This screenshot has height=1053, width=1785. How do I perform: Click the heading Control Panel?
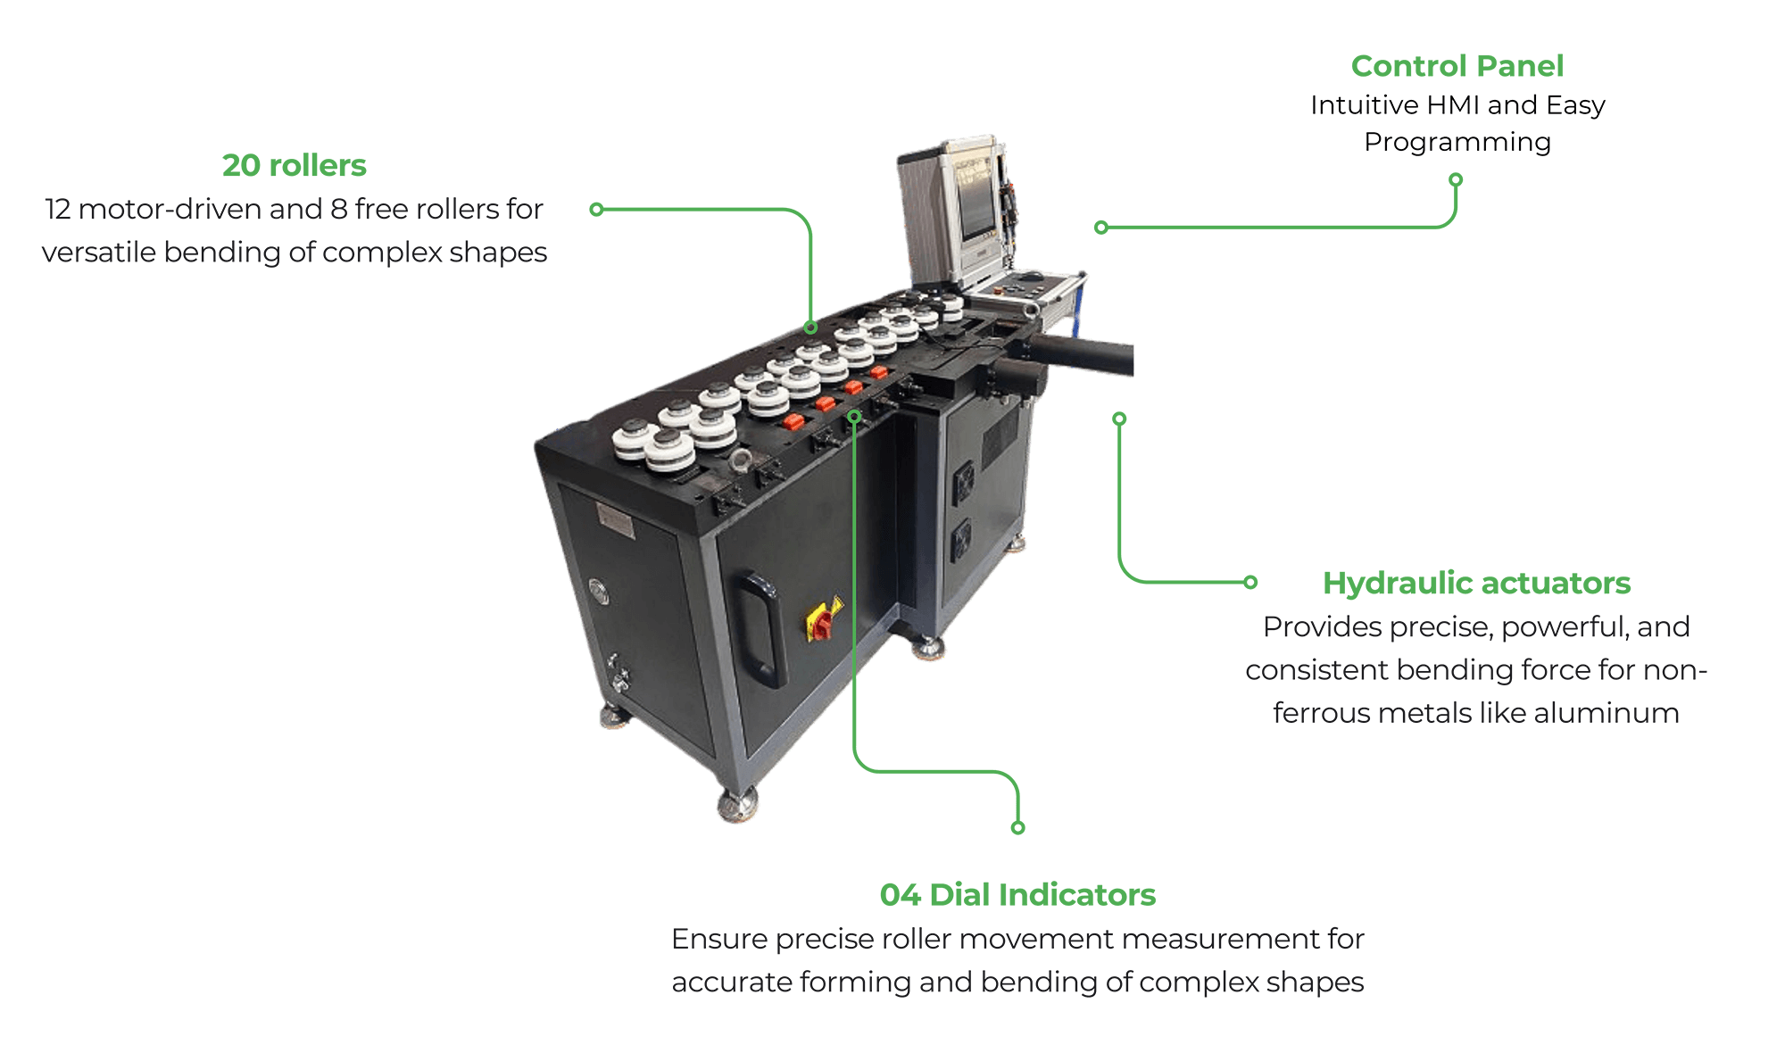click(1457, 66)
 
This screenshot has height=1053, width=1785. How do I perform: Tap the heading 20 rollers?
click(295, 165)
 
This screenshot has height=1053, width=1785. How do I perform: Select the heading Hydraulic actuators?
click(1476, 583)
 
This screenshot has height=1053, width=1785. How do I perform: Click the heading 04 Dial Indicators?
click(1017, 894)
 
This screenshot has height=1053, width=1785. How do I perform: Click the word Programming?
click(1457, 143)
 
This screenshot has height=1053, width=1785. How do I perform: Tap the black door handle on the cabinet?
click(760, 628)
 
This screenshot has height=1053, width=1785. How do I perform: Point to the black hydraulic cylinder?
click(1079, 352)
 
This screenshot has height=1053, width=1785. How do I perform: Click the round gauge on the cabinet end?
click(599, 591)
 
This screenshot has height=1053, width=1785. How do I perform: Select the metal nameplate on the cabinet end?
click(615, 521)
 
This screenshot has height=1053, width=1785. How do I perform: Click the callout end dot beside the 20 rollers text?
click(597, 210)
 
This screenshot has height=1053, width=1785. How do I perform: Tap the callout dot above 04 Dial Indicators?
click(1017, 827)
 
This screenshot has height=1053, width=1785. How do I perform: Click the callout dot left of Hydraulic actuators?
click(1250, 582)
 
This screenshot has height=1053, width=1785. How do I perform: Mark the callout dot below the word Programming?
click(1456, 179)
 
